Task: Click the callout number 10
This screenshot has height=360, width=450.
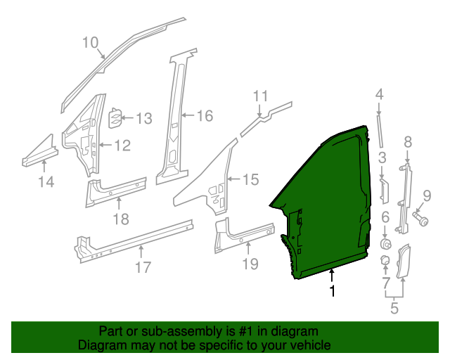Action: pyautogui.click(x=90, y=42)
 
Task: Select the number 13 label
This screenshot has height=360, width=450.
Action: pyautogui.click(x=143, y=119)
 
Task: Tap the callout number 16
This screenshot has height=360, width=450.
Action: pyautogui.click(x=203, y=116)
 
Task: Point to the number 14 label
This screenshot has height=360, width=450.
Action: pyautogui.click(x=46, y=183)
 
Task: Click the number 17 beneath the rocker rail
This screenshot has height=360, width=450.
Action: pyautogui.click(x=143, y=267)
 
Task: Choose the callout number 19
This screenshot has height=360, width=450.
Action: pyautogui.click(x=250, y=264)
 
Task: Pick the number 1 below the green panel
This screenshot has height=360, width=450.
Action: pyautogui.click(x=333, y=290)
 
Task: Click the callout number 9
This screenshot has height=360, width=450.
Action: pyautogui.click(x=426, y=195)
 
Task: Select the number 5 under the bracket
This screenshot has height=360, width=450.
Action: pyautogui.click(x=394, y=307)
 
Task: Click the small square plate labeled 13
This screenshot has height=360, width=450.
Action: pyautogui.click(x=115, y=118)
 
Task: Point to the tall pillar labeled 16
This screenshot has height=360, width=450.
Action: pyautogui.click(x=172, y=120)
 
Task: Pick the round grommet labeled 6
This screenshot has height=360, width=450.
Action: pyautogui.click(x=386, y=243)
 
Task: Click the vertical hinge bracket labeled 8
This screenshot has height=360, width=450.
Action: pyautogui.click(x=404, y=197)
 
